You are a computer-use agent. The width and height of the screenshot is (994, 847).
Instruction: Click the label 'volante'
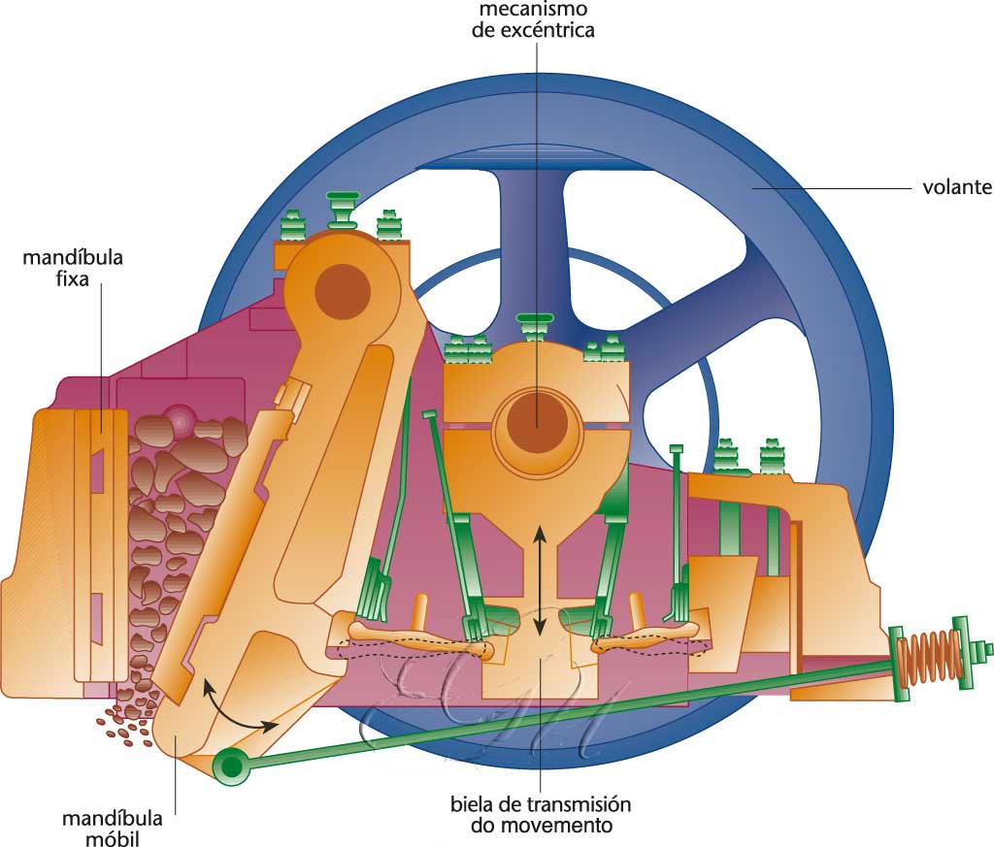(x=956, y=187)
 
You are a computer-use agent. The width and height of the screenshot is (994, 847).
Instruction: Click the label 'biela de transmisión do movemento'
(x=541, y=815)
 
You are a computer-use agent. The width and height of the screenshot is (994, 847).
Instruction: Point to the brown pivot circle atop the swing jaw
(x=342, y=288)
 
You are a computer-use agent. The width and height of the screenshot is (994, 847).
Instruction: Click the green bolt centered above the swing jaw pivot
(x=343, y=205)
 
